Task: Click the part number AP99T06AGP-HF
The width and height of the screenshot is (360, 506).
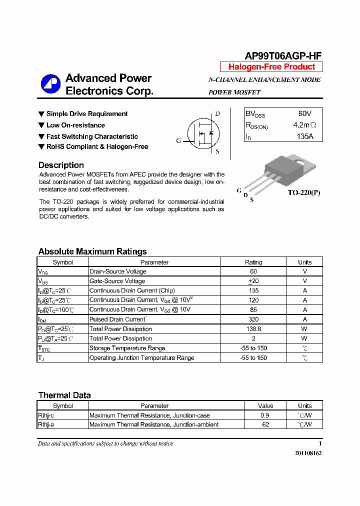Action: pyautogui.click(x=283, y=56)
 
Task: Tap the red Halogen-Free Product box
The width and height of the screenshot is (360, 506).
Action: pyautogui.click(x=271, y=67)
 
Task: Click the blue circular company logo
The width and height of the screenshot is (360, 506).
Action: pyautogui.click(x=50, y=84)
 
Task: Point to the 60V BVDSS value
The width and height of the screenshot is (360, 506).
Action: pyautogui.click(x=304, y=114)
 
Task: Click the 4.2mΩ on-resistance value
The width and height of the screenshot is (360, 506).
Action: pyautogui.click(x=304, y=125)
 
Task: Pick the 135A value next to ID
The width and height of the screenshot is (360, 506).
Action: pyautogui.click(x=304, y=136)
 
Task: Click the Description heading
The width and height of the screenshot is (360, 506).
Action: pyautogui.click(x=61, y=165)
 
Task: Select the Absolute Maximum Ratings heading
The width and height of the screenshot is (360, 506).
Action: pyautogui.click(x=92, y=251)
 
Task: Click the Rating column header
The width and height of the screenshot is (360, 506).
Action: pyautogui.click(x=253, y=262)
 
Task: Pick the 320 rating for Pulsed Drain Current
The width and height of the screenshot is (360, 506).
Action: pyautogui.click(x=253, y=319)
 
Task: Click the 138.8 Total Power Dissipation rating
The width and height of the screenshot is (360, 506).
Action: pyautogui.click(x=253, y=329)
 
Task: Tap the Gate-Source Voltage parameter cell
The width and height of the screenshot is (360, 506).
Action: pyautogui.click(x=117, y=281)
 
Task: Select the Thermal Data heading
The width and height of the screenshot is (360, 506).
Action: pyautogui.click(x=64, y=395)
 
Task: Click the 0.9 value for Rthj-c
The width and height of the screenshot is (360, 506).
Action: pyautogui.click(x=265, y=415)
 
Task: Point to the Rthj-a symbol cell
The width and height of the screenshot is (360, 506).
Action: pyautogui.click(x=46, y=424)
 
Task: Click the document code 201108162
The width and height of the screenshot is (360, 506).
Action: pyautogui.click(x=305, y=453)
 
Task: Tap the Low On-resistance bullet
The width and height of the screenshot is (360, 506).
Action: pyautogui.click(x=75, y=125)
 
